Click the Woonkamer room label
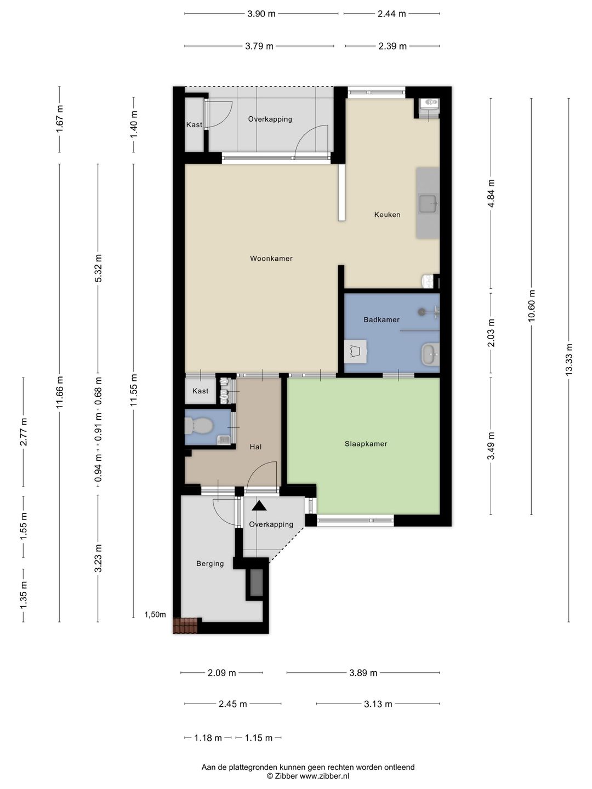(271, 259)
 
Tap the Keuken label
(387, 215)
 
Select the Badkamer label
(382, 319)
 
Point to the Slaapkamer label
(366, 444)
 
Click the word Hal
(255, 447)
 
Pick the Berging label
(210, 564)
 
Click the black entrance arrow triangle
(259, 506)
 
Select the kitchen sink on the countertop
(428, 203)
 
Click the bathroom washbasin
(430, 355)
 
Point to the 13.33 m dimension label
(568, 360)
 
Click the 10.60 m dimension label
(532, 306)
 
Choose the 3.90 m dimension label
(261, 14)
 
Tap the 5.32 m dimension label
(98, 268)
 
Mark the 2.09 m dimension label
(222, 673)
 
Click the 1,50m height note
(155, 615)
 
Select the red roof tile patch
(185, 626)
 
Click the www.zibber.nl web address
(325, 776)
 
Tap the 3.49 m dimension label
(491, 445)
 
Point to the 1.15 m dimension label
(258, 738)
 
